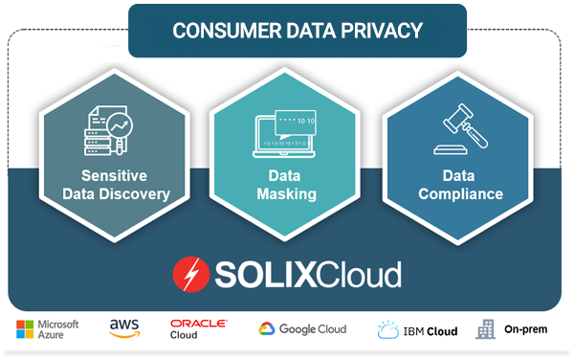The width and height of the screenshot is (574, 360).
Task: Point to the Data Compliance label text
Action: coord(459,185)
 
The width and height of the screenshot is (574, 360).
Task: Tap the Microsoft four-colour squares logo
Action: coord(25,330)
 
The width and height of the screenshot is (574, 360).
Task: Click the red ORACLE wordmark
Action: coord(198,324)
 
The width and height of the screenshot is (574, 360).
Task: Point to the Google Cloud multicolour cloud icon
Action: coord(269,329)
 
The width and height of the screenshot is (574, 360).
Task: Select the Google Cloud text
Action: coord(314,329)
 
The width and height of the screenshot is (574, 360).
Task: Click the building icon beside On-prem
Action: coord(487,329)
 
